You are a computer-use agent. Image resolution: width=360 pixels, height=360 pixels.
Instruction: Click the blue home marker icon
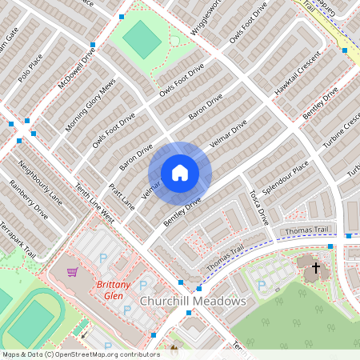180,173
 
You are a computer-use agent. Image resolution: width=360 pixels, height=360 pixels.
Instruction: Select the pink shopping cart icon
73,272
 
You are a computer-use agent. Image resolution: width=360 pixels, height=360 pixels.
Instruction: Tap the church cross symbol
315,268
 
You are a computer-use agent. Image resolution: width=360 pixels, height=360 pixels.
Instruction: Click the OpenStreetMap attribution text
81,354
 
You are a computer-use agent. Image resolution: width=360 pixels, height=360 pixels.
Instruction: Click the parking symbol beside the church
262,285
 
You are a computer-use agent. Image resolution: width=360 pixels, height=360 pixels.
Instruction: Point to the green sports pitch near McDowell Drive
142,38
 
